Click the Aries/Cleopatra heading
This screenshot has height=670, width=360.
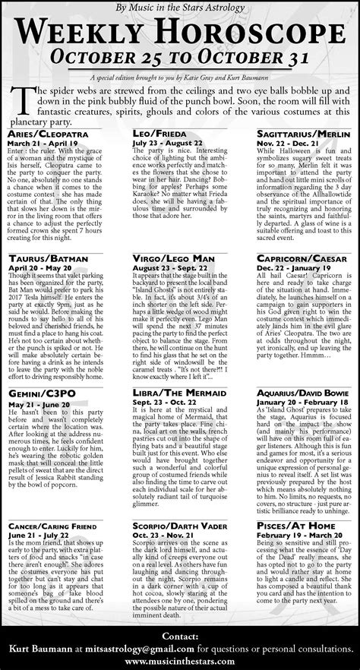[x=49, y=132]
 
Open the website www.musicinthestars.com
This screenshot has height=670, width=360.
[x=180, y=661]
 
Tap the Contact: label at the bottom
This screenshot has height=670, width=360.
[x=180, y=635]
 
